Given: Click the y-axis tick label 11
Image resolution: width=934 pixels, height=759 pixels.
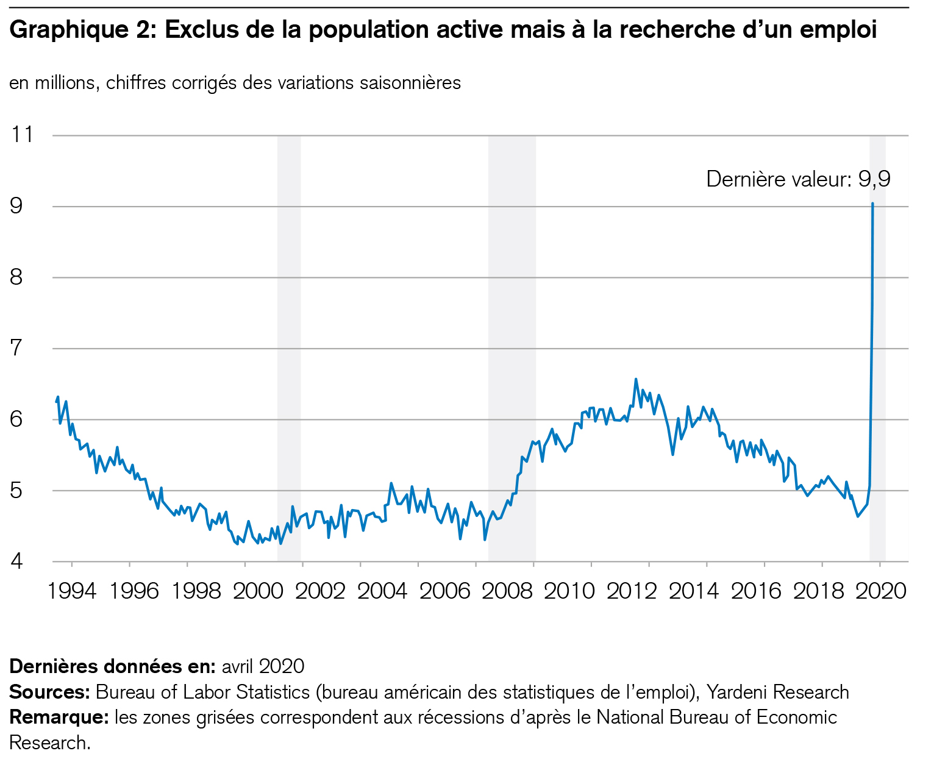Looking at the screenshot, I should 22,135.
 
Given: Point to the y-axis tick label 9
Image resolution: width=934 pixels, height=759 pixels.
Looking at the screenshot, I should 16,206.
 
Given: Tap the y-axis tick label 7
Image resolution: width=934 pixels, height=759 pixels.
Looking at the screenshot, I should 16,349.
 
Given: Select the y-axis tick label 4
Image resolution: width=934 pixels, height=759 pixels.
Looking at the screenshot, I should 16,561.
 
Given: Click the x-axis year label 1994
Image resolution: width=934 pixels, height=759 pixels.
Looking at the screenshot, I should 72,591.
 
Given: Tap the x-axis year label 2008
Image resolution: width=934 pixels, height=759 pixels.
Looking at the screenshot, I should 506,591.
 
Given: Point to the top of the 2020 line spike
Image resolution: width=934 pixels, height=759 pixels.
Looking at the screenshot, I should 872,204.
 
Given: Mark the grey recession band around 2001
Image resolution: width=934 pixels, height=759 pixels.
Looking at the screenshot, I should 289,347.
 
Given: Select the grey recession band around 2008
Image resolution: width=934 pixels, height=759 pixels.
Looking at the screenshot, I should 512,347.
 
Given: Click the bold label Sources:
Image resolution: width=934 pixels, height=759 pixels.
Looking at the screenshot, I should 50,693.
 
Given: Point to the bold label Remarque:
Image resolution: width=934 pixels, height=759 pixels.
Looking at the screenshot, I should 59,718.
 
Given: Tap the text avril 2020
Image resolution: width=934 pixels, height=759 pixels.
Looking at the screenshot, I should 263,666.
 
